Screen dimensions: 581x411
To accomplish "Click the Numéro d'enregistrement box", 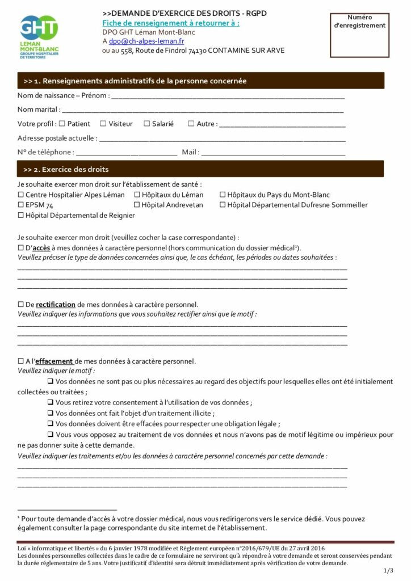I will coord(367,35).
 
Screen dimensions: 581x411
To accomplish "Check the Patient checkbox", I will coord(62,123).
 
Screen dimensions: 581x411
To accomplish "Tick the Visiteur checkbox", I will coord(103,123).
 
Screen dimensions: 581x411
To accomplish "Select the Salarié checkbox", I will coord(146,123).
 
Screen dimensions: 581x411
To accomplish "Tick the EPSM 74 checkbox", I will coord(21,205).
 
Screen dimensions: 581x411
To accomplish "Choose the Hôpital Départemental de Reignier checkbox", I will coord(21,216).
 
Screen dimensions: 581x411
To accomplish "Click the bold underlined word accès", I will coord(41,248).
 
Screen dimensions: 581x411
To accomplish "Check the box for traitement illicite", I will coord(51,413).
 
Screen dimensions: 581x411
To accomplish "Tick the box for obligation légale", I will coord(51,423).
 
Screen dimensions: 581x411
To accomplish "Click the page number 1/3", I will coord(388,570).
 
